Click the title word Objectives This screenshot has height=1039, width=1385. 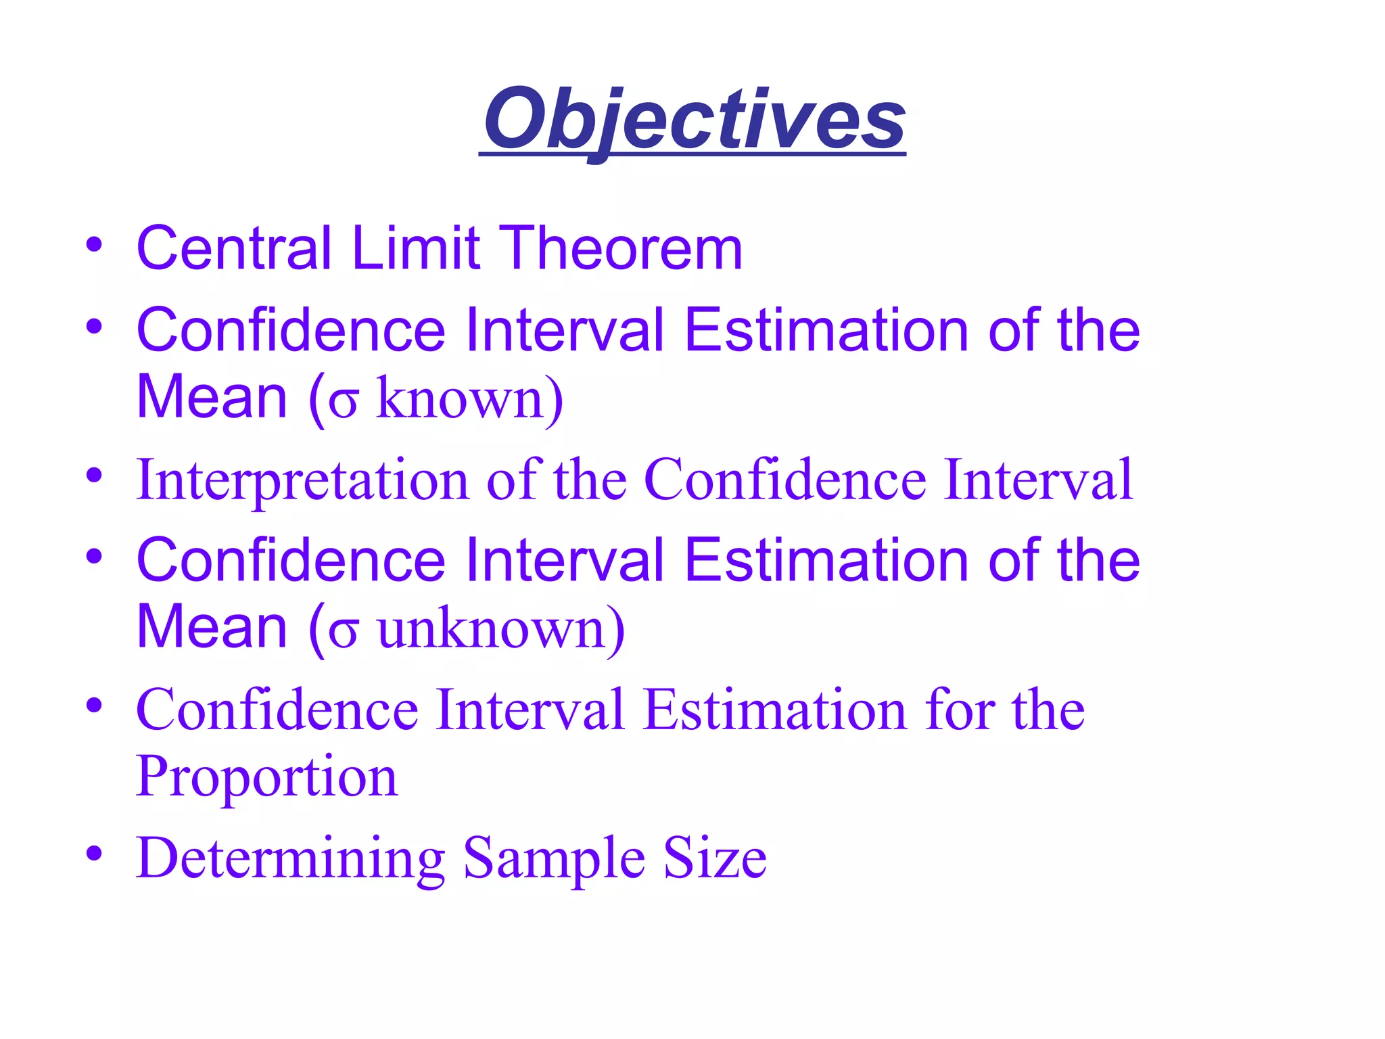(694, 120)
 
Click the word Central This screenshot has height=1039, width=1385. (234, 248)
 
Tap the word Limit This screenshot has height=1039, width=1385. (416, 248)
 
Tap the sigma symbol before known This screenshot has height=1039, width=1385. (343, 403)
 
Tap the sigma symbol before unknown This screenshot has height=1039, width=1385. (343, 633)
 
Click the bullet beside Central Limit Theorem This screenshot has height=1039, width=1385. (94, 244)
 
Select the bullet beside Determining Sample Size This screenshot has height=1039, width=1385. (94, 854)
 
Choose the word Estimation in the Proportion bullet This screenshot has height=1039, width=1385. (774, 710)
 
